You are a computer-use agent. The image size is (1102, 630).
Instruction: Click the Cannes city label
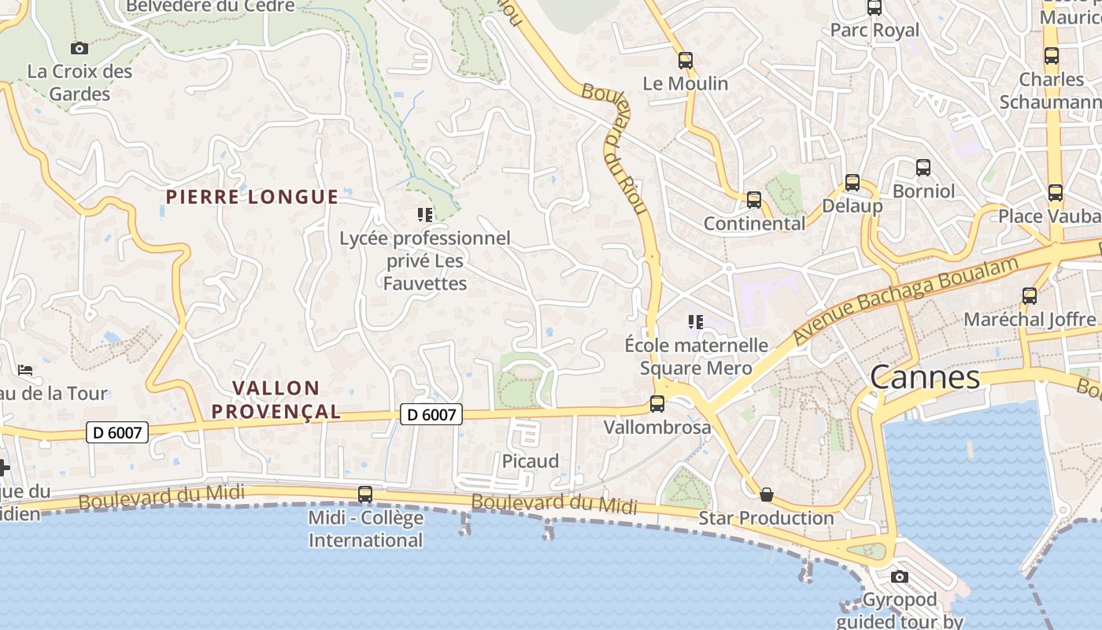(x=925, y=378)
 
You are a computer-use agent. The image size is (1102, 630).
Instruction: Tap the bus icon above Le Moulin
(x=686, y=60)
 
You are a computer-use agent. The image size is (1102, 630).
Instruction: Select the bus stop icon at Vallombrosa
(x=657, y=404)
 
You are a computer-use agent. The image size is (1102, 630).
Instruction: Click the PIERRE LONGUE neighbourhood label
(x=252, y=197)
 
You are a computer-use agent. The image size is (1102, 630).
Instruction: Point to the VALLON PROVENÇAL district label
(x=276, y=399)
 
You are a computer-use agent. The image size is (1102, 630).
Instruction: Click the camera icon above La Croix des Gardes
(x=79, y=49)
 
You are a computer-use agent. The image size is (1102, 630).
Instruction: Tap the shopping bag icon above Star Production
(x=766, y=495)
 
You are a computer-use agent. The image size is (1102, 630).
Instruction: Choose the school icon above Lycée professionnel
(x=425, y=214)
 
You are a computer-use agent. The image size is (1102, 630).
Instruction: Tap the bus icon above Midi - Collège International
(x=365, y=495)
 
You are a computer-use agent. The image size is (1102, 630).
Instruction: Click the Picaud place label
(x=531, y=461)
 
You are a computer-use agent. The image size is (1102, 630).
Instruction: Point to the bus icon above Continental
(x=754, y=200)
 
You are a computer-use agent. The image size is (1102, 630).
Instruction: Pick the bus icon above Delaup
(x=852, y=183)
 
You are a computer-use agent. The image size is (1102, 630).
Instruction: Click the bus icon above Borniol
(x=923, y=168)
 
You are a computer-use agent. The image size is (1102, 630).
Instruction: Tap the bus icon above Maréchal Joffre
(x=1030, y=296)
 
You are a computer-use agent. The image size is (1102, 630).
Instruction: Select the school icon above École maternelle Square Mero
(x=696, y=321)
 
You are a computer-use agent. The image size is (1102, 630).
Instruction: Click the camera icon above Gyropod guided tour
(x=900, y=577)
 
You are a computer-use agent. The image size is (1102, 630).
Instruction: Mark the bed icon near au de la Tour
(x=25, y=370)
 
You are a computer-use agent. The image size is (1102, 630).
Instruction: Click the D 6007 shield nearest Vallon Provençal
(x=431, y=414)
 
